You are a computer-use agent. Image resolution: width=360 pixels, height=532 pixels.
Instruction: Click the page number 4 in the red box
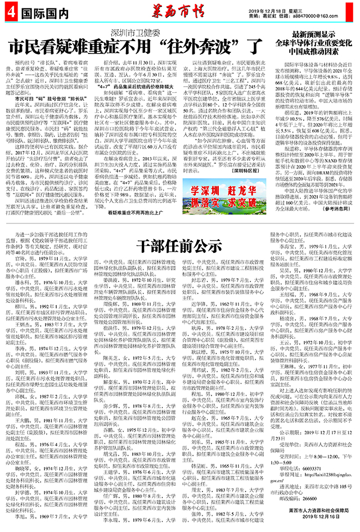point(10,11)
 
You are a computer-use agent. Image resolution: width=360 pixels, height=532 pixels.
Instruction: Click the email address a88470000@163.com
point(326,15)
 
